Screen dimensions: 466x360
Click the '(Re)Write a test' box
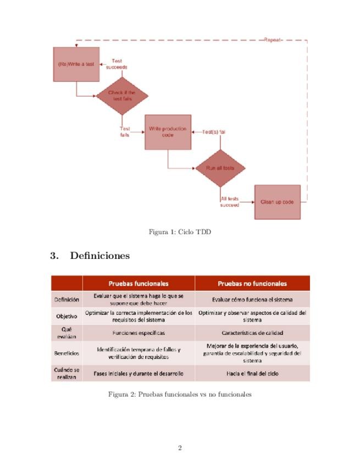[76, 64]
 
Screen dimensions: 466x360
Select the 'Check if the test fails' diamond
[123, 96]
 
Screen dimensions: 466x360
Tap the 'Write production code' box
[168, 132]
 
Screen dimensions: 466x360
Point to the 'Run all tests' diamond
[220, 168]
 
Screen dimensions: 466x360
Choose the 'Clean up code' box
[277, 202]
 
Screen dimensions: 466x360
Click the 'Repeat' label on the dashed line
[273, 40]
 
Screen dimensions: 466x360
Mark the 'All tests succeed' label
[230, 202]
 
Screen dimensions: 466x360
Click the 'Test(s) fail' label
[214, 132]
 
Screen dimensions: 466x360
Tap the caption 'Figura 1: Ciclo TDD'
[180, 232]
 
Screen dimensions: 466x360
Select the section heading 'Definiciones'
[99, 256]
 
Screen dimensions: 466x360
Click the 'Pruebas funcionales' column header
[139, 284]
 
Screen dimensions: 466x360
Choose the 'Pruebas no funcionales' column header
[252, 284]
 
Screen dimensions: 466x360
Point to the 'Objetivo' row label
[67, 316]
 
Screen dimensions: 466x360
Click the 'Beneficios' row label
[67, 353]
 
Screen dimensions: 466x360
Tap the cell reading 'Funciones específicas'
[139, 332]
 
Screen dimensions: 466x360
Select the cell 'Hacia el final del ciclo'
[252, 373]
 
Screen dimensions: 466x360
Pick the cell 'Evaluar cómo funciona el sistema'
[252, 299]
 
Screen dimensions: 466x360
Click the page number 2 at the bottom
[180, 448]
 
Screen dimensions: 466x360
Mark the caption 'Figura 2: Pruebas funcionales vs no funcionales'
[180, 394]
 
